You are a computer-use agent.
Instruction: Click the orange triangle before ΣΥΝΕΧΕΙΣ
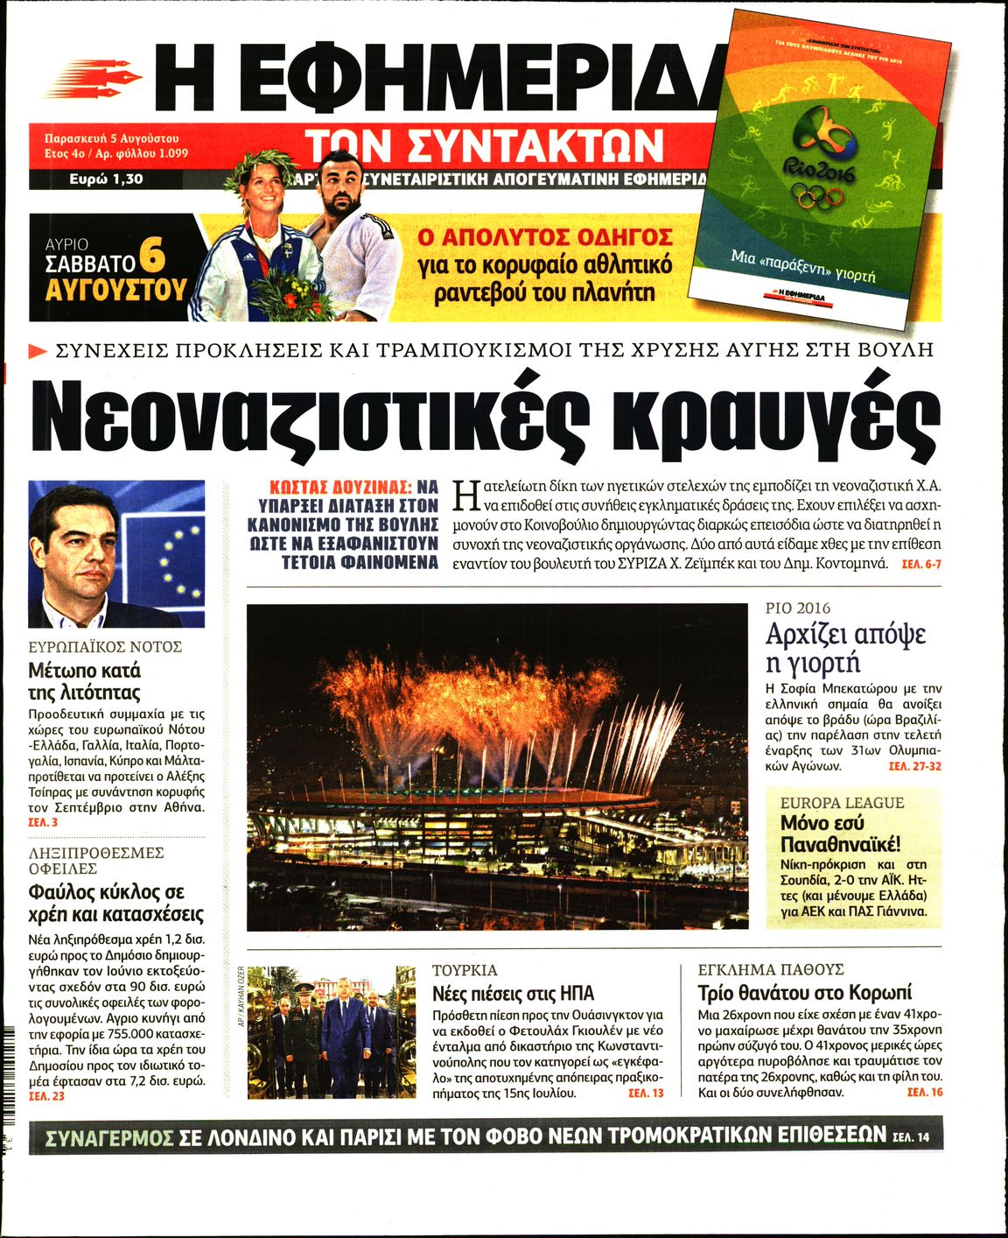(38, 352)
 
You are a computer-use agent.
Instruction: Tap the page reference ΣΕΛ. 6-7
(922, 565)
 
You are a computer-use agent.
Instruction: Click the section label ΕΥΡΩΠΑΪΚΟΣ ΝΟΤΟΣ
(105, 647)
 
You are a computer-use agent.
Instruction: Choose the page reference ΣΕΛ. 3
(43, 823)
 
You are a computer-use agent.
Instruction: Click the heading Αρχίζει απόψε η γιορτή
(845, 647)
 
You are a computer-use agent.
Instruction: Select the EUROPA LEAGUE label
(842, 803)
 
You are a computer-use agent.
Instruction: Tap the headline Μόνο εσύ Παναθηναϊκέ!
(840, 834)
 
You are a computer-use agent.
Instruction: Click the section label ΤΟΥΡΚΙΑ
(465, 970)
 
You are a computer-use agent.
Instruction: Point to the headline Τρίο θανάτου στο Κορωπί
(804, 993)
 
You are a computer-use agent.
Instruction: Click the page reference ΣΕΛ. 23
(46, 1096)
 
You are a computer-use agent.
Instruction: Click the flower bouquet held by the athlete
(290, 294)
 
